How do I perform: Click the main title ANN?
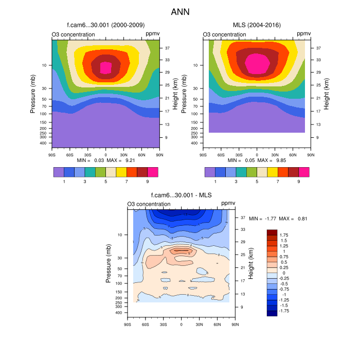(180, 11)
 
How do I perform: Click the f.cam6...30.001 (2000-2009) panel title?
(105, 25)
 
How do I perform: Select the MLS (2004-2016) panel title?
(257, 25)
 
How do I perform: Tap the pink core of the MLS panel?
(257, 63)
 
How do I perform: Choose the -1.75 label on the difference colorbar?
(285, 311)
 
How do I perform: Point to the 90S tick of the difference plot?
(127, 325)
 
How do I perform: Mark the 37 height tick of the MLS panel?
(319, 48)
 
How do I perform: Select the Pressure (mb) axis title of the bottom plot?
(109, 264)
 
